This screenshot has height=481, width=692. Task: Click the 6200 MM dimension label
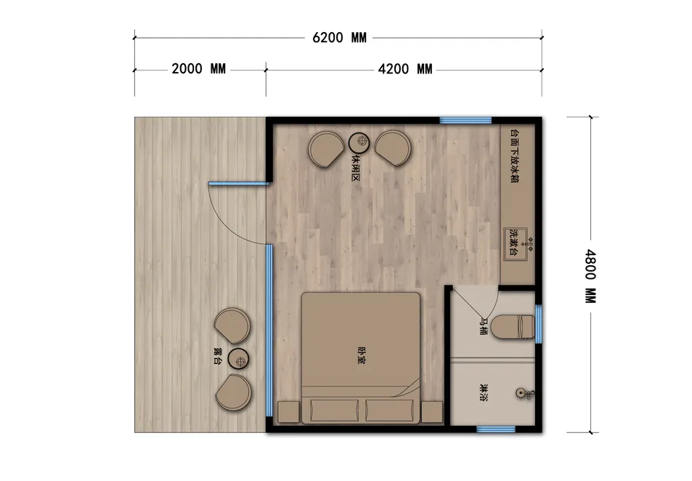(x=339, y=38)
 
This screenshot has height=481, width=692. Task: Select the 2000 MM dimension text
(x=199, y=69)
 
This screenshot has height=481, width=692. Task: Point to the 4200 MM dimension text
(x=405, y=69)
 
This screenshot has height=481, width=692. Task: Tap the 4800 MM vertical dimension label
(x=590, y=276)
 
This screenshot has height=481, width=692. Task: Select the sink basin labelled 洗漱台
(x=516, y=244)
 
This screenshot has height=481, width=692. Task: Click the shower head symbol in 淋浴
(x=525, y=393)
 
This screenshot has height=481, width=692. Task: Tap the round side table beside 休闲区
(x=359, y=142)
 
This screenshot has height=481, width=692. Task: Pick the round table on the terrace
(x=239, y=359)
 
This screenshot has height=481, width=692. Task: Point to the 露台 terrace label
(x=218, y=356)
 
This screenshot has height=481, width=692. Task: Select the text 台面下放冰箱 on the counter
(x=514, y=156)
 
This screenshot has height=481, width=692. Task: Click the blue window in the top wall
(x=465, y=120)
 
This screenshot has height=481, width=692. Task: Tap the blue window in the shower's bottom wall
(x=496, y=429)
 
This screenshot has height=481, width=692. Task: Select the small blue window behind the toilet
(x=538, y=324)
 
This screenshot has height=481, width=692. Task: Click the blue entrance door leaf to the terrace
(x=238, y=184)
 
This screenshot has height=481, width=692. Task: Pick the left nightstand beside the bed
(x=288, y=412)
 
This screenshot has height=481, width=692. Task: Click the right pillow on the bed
(x=389, y=411)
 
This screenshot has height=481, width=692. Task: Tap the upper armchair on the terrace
(x=232, y=326)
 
